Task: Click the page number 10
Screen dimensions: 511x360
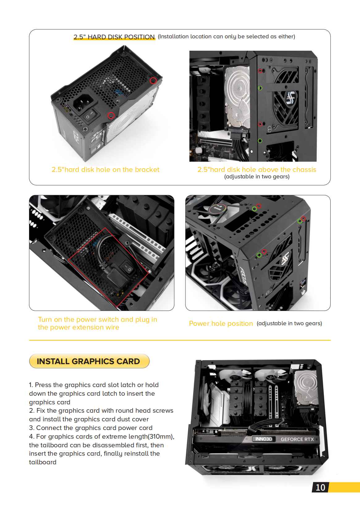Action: pyautogui.click(x=320, y=488)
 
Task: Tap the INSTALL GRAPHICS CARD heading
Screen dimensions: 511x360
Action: pyautogui.click(x=88, y=361)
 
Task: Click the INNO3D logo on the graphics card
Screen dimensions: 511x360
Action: pyautogui.click(x=264, y=439)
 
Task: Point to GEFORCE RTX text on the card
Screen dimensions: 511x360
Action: pyautogui.click(x=297, y=439)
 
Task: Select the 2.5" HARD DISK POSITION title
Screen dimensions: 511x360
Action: pyautogui.click(x=114, y=37)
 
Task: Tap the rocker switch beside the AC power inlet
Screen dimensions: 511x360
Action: pyautogui.click(x=91, y=116)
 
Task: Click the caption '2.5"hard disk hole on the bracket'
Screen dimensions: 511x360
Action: pyautogui.click(x=105, y=170)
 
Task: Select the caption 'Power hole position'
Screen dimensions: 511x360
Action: pyautogui.click(x=221, y=324)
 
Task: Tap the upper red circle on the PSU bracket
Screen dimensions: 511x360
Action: pyautogui.click(x=153, y=81)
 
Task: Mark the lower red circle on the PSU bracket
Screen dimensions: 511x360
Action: pyautogui.click(x=111, y=115)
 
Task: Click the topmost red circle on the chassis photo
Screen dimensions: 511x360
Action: pyautogui.click(x=260, y=71)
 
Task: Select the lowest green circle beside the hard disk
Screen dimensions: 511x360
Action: pyautogui.click(x=260, y=141)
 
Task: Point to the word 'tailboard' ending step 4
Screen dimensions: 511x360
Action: pyautogui.click(x=43, y=462)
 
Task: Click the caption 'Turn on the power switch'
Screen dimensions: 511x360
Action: pyautogui.click(x=97, y=320)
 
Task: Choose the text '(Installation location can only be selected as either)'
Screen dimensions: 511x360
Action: pyautogui.click(x=227, y=36)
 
